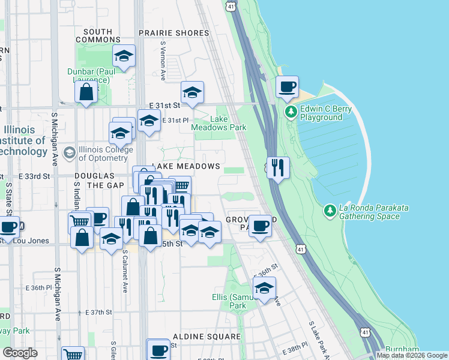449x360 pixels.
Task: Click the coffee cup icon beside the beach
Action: pyautogui.click(x=287, y=86)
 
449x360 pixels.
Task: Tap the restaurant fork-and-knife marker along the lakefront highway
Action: pyautogui.click(x=278, y=167)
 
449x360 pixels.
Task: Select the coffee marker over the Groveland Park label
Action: pyautogui.click(x=260, y=226)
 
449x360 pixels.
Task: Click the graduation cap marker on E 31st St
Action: pyautogui.click(x=192, y=92)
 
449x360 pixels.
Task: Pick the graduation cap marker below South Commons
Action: pyautogui.click(x=124, y=56)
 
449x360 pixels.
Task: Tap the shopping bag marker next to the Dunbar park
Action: pyautogui.click(x=86, y=92)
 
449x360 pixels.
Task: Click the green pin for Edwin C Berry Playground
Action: pyautogui.click(x=291, y=112)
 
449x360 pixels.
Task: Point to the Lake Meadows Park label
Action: pyautogui.click(x=218, y=123)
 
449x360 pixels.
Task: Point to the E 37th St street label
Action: pyautogui.click(x=98, y=312)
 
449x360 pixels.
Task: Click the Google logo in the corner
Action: pyautogui.click(x=20, y=352)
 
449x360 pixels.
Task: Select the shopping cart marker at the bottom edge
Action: pyautogui.click(x=73, y=354)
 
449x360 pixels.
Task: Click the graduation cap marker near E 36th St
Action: pyautogui.click(x=264, y=288)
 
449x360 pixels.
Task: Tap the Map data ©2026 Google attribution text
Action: pyautogui.click(x=412, y=355)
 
